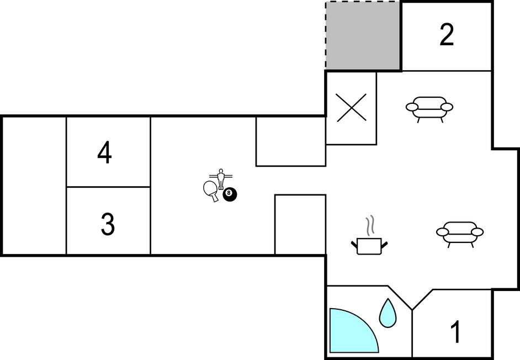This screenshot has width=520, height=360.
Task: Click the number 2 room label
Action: (447, 35)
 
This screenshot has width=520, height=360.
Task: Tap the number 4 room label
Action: (104, 152)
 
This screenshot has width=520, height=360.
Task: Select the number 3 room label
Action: (108, 224)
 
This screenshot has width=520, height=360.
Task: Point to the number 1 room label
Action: (456, 332)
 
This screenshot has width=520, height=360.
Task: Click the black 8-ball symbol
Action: (230, 194)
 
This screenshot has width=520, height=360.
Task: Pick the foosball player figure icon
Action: (221, 179)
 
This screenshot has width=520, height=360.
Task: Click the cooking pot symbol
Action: (369, 246)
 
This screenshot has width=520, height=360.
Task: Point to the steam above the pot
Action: (371, 226)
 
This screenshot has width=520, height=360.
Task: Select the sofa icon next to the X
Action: (429, 109)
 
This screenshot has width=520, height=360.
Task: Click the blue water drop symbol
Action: (388, 313)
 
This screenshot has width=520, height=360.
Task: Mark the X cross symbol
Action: (352, 108)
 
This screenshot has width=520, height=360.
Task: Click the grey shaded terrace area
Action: (363, 36)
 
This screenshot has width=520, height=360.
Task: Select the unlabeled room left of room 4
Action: (34, 186)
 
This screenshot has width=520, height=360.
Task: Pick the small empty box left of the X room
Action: (291, 141)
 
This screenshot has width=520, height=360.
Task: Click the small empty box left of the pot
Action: (300, 225)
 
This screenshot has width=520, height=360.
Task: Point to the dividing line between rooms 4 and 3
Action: (108, 187)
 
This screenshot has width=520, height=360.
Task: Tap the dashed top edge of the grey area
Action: (363, 2)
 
